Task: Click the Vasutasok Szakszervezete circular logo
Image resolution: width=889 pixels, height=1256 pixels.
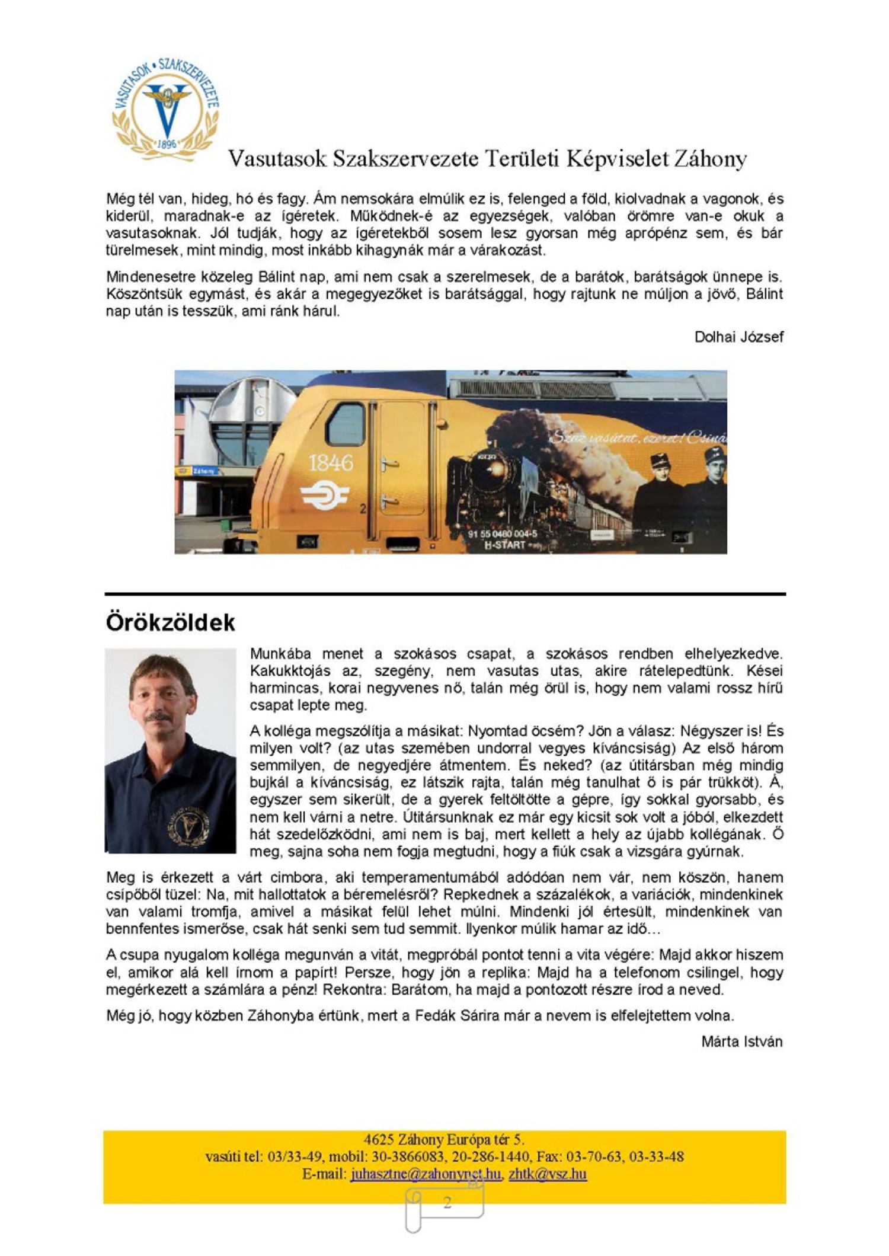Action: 166,110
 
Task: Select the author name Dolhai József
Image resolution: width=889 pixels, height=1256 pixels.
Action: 738,337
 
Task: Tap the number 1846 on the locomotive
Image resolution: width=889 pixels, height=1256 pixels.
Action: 330,463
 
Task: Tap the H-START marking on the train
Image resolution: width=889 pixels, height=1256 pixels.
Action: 504,545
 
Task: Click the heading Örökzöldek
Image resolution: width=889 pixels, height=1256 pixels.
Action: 171,622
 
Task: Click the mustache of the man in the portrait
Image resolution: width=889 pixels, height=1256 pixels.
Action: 159,717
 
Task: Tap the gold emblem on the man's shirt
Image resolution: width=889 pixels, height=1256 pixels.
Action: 188,824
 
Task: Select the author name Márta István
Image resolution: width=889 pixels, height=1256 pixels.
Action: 741,1041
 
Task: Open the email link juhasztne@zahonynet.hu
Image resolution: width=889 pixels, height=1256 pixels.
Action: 426,1174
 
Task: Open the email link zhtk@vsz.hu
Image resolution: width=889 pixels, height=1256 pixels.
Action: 548,1174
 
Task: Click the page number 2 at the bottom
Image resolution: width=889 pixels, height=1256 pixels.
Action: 447,1202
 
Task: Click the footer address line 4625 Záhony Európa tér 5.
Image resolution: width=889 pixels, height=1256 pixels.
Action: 444,1139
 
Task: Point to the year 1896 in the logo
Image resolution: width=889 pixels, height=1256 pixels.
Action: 168,144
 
